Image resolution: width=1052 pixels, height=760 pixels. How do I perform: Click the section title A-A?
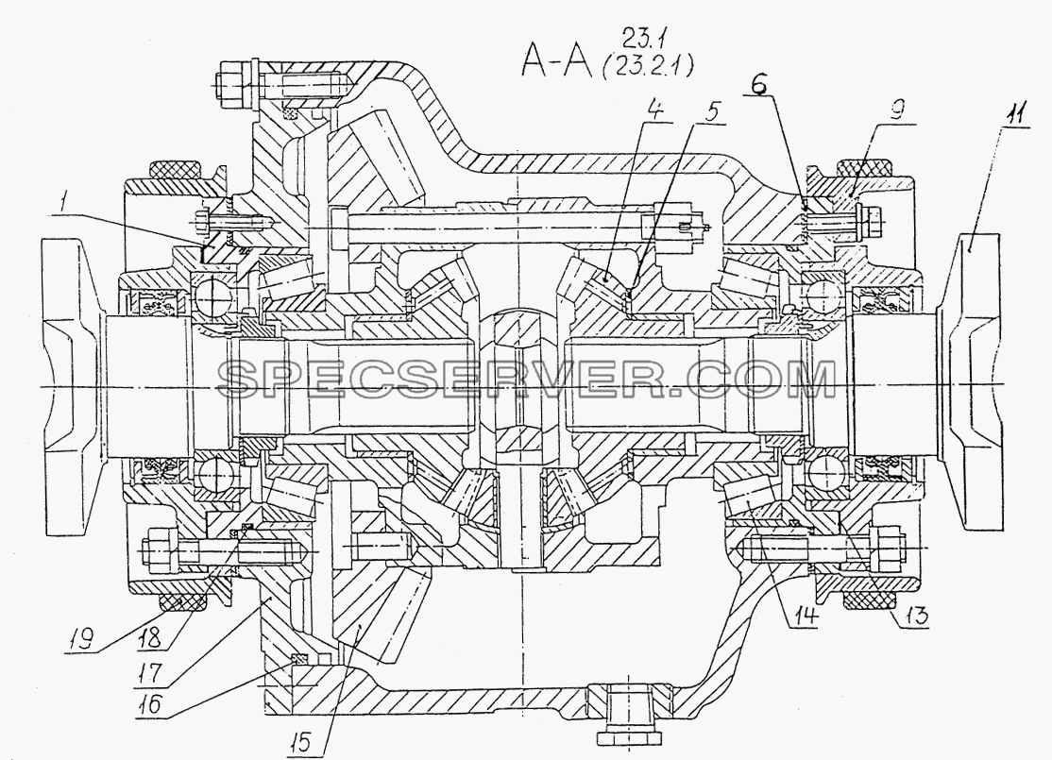coord(556,60)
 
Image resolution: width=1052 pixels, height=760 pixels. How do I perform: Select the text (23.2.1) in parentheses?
coord(650,66)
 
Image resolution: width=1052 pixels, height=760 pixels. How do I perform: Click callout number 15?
coord(300,741)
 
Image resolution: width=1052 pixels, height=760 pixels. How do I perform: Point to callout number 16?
coord(149,704)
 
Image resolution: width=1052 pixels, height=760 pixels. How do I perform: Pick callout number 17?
coord(149,673)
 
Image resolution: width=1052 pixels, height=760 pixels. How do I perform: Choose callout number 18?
coord(150,638)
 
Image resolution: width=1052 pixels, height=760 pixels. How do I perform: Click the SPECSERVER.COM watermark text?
coord(528,380)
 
